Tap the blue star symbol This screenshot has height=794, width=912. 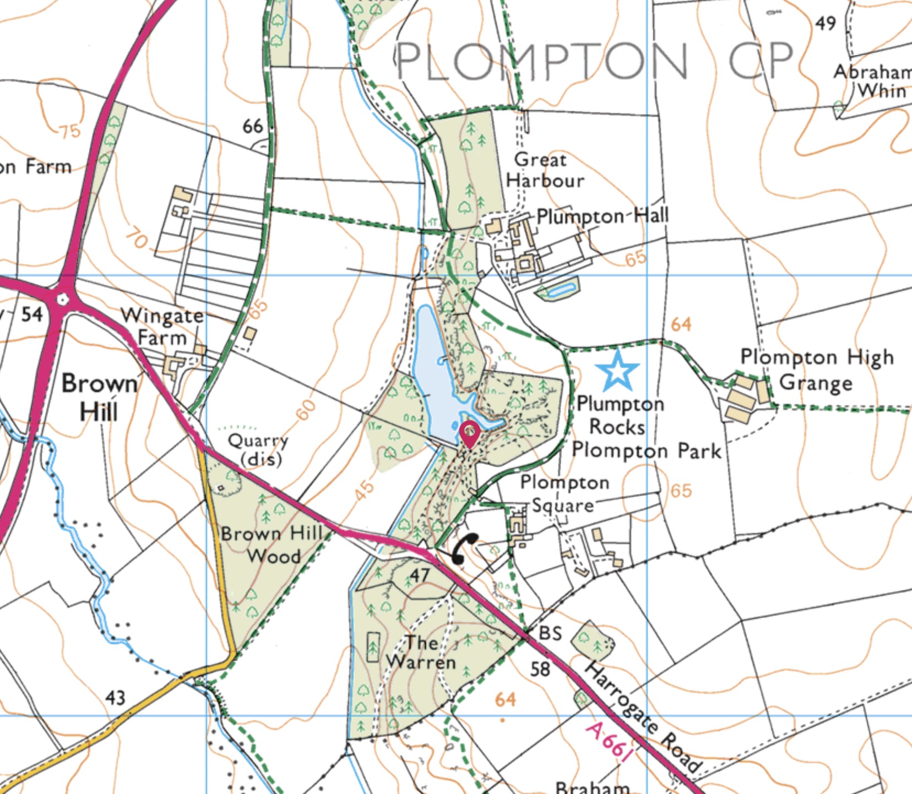click(x=617, y=370)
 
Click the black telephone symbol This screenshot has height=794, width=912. click(x=464, y=548)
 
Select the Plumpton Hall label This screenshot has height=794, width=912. click(x=602, y=216)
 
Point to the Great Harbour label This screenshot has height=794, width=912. click(x=544, y=170)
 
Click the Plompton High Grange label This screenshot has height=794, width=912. click(x=816, y=369)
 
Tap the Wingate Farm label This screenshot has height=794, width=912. click(x=162, y=326)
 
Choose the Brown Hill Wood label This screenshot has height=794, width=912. click(x=272, y=544)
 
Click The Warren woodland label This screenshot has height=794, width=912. click(x=421, y=652)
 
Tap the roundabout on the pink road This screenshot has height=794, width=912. click(x=62, y=299)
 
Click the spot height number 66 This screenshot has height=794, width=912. click(x=253, y=126)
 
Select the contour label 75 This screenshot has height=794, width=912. click(x=69, y=131)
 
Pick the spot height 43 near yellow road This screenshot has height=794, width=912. click(x=115, y=698)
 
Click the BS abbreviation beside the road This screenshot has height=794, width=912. click(x=550, y=633)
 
